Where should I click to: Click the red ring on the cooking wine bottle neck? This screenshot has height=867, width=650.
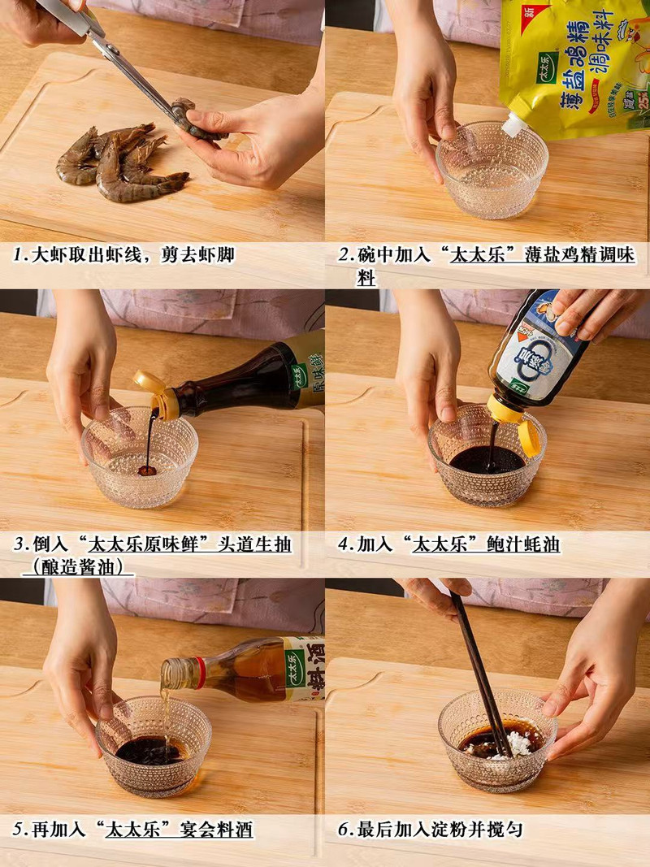(x=199, y=673)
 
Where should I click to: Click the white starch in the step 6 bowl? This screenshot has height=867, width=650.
(x=517, y=744)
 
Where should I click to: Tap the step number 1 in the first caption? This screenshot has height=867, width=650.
(x=18, y=255)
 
